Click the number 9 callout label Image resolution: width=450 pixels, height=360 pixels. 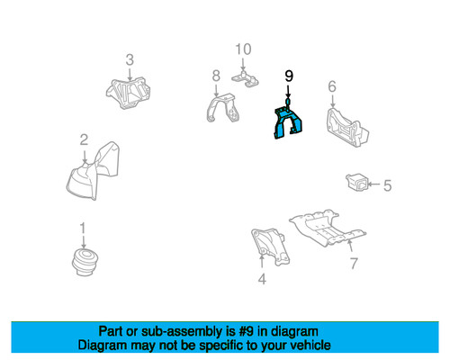(289, 76)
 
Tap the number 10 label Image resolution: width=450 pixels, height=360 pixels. (243, 49)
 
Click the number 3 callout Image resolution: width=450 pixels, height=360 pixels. (130, 59)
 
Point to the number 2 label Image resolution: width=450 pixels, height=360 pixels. (84, 139)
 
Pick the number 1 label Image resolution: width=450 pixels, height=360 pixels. (83, 229)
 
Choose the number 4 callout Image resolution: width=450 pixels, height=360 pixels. (262, 279)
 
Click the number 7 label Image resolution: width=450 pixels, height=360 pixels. (354, 264)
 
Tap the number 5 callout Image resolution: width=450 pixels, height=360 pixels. (388, 185)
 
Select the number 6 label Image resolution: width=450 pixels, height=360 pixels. (332, 86)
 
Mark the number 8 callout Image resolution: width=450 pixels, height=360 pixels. (216, 76)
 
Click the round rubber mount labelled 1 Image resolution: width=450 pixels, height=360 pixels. (85, 262)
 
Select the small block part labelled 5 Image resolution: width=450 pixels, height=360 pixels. (357, 182)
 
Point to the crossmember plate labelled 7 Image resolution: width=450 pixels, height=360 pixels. (327, 228)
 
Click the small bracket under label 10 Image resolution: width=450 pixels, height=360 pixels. (246, 78)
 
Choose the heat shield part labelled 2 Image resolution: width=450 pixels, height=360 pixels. (93, 173)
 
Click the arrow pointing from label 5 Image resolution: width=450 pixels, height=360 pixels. (374, 184)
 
